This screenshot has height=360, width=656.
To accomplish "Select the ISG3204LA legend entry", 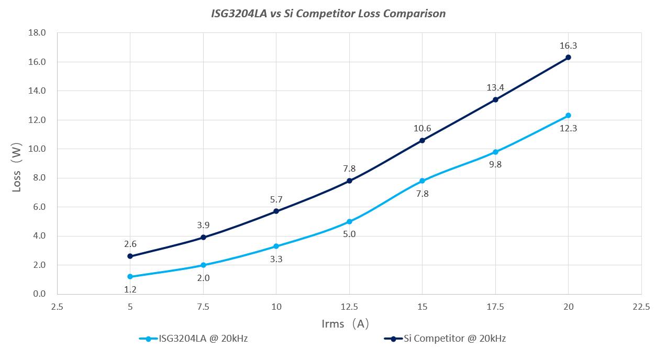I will tap(193, 339).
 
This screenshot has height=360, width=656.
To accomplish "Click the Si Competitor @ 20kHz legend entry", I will tap(444, 339).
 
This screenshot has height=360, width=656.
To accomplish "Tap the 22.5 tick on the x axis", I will tap(641, 307).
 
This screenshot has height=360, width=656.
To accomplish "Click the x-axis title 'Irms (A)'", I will tap(346, 324).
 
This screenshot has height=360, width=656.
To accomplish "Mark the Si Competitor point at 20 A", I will tap(568, 58).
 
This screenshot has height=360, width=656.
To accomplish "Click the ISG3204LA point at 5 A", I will tap(130, 277).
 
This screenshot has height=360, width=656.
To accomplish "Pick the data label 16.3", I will tap(568, 46).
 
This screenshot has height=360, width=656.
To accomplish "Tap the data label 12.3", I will tap(568, 128).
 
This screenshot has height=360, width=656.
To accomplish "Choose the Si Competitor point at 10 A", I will tap(276, 211).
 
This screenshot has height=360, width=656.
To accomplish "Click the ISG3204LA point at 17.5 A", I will tap(495, 152).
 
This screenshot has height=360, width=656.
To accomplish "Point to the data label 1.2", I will tap(130, 289).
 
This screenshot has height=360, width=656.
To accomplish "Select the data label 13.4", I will tap(495, 87).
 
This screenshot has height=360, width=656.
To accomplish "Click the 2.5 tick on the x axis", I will tap(57, 307).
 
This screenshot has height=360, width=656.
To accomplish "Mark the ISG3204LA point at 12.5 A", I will tap(349, 222).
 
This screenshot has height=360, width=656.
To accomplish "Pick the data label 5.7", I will tap(276, 199).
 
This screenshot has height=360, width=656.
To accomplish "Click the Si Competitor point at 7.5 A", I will tap(203, 238).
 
